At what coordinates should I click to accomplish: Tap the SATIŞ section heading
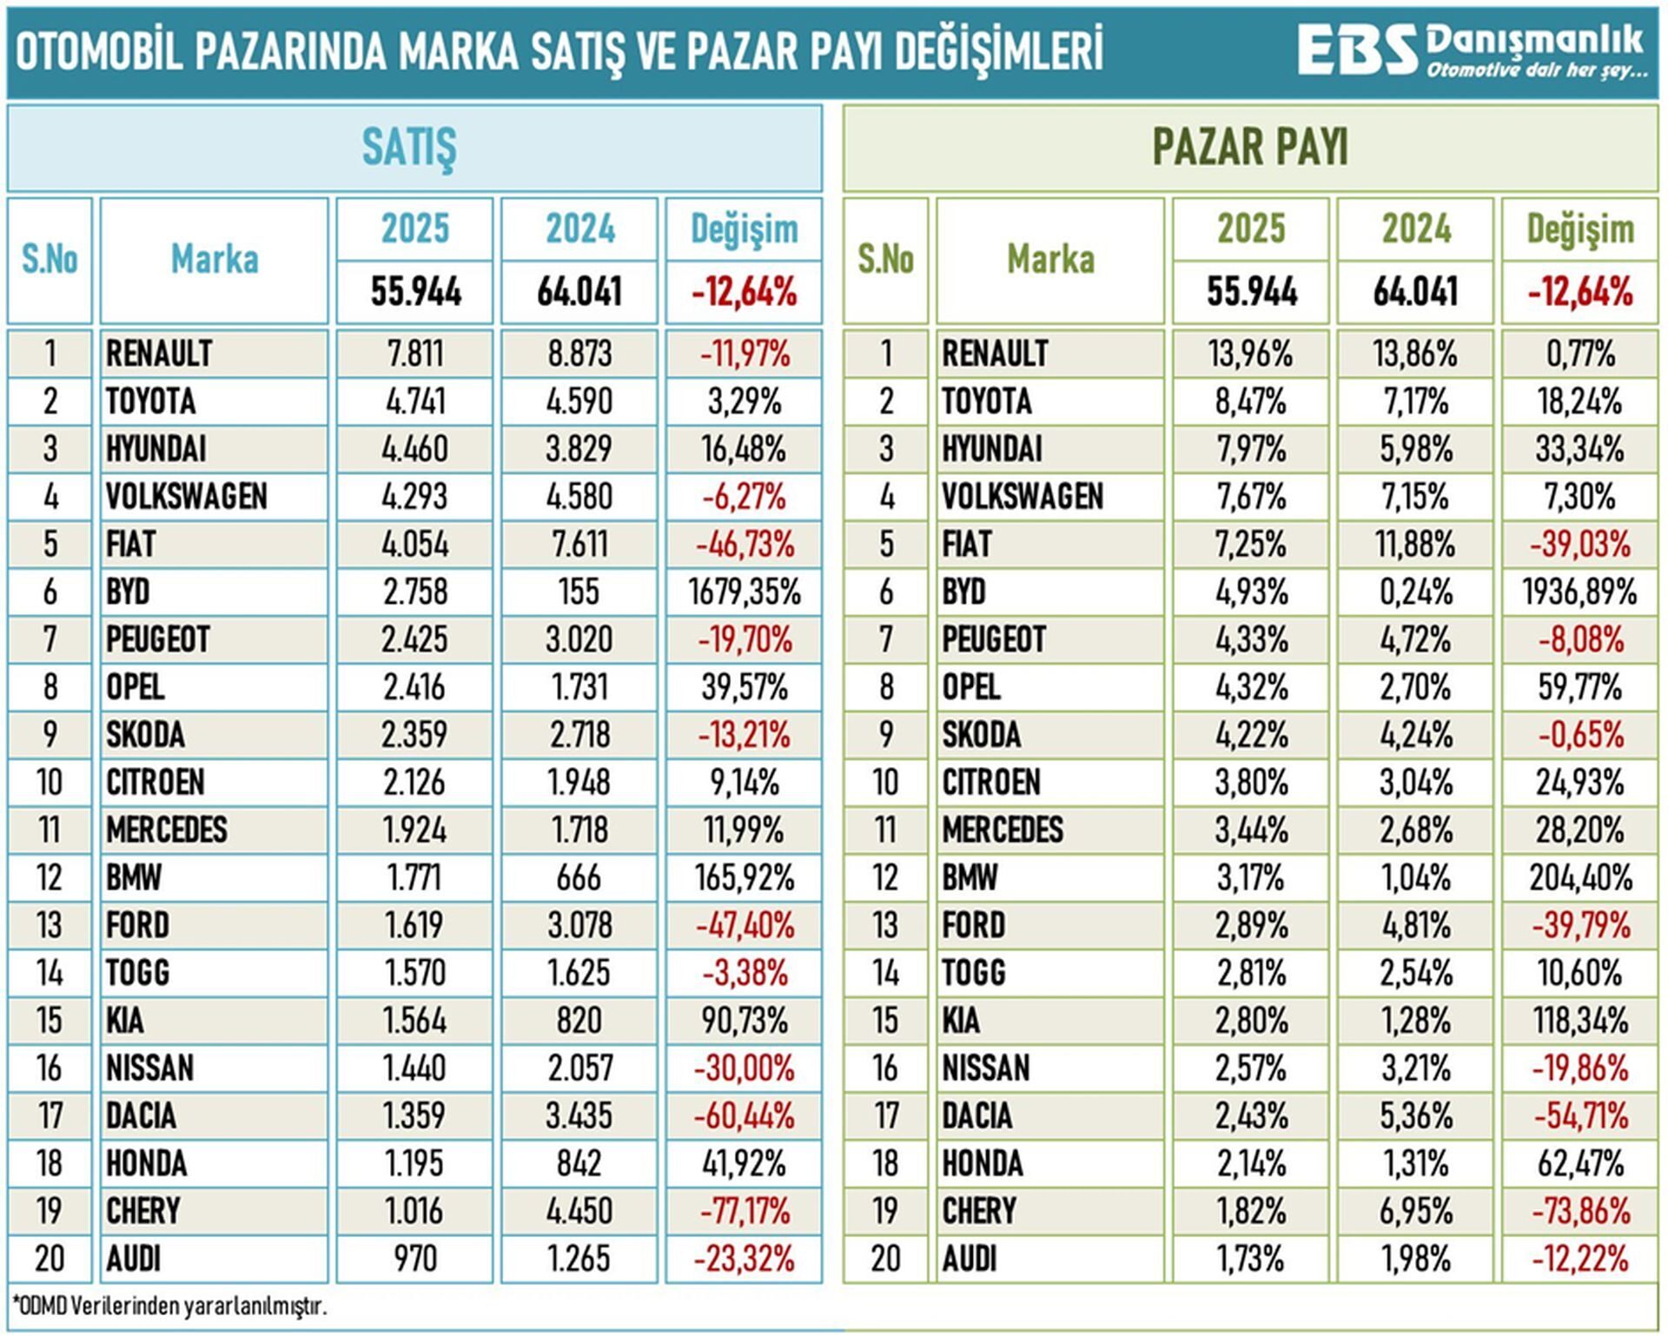[409, 148]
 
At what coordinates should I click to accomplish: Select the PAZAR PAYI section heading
[1250, 147]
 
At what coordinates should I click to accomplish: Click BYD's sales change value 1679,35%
[745, 592]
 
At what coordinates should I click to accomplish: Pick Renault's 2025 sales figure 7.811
[414, 354]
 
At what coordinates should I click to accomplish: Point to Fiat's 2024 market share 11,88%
[1415, 545]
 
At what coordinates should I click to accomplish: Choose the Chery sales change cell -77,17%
[745, 1211]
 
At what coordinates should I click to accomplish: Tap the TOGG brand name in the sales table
[137, 973]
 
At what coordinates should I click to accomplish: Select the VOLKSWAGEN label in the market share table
[1023, 497]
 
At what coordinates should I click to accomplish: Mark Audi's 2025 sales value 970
[415, 1259]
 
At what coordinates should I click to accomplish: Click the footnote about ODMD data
[169, 1306]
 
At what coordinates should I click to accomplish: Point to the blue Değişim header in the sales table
[745, 229]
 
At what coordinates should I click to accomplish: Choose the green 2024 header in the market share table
[1416, 228]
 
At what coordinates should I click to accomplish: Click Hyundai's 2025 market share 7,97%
[1251, 449]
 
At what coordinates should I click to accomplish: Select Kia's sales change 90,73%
[745, 1021]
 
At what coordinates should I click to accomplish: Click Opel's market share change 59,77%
[1580, 687]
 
